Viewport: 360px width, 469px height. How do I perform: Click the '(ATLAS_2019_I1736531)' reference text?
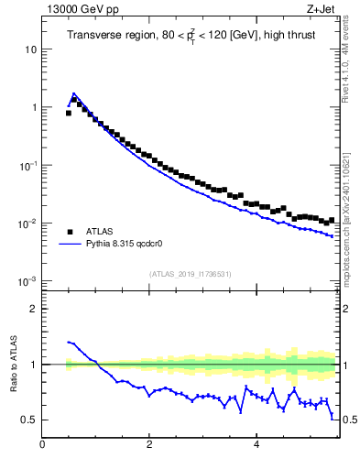point(190,274)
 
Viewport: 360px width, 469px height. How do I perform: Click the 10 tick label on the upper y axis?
point(30,49)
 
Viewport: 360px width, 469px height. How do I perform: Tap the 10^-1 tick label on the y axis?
point(27,165)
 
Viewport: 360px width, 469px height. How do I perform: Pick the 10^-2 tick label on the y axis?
point(27,224)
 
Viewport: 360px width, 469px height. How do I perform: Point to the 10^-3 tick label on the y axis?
point(27,281)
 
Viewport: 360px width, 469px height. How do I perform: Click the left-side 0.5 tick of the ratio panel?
point(29,420)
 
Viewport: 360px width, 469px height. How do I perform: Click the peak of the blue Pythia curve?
point(74,93)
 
